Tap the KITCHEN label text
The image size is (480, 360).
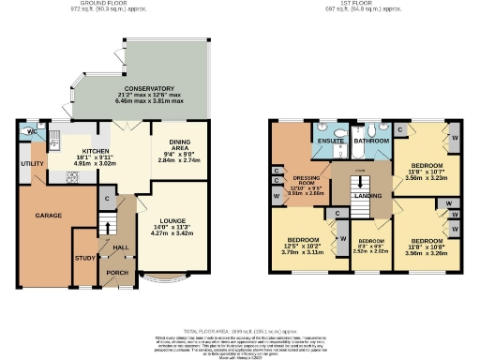click(x=97, y=151)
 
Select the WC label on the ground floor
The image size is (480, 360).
click(x=32, y=131)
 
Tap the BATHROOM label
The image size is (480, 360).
click(x=370, y=141)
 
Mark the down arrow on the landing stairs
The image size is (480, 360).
click(x=358, y=172)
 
